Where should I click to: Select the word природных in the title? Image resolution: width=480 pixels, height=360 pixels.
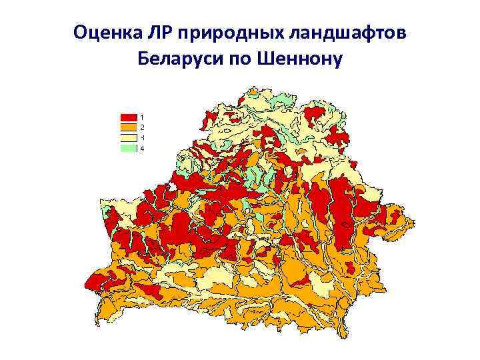point(225,33)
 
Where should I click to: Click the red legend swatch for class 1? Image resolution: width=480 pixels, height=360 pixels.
point(128,117)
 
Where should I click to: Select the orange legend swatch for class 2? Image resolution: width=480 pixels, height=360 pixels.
point(128,126)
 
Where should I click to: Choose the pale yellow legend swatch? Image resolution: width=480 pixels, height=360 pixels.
point(128,138)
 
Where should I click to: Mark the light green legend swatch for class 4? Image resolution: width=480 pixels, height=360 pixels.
point(128,149)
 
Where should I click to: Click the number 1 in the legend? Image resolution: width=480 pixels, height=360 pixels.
point(142,117)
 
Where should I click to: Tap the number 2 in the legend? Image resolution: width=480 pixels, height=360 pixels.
point(142,126)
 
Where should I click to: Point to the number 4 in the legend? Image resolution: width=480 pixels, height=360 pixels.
point(142,149)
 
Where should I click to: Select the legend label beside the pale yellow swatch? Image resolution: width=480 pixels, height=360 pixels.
point(142,138)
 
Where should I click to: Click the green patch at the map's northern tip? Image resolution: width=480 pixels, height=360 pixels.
point(283,99)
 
